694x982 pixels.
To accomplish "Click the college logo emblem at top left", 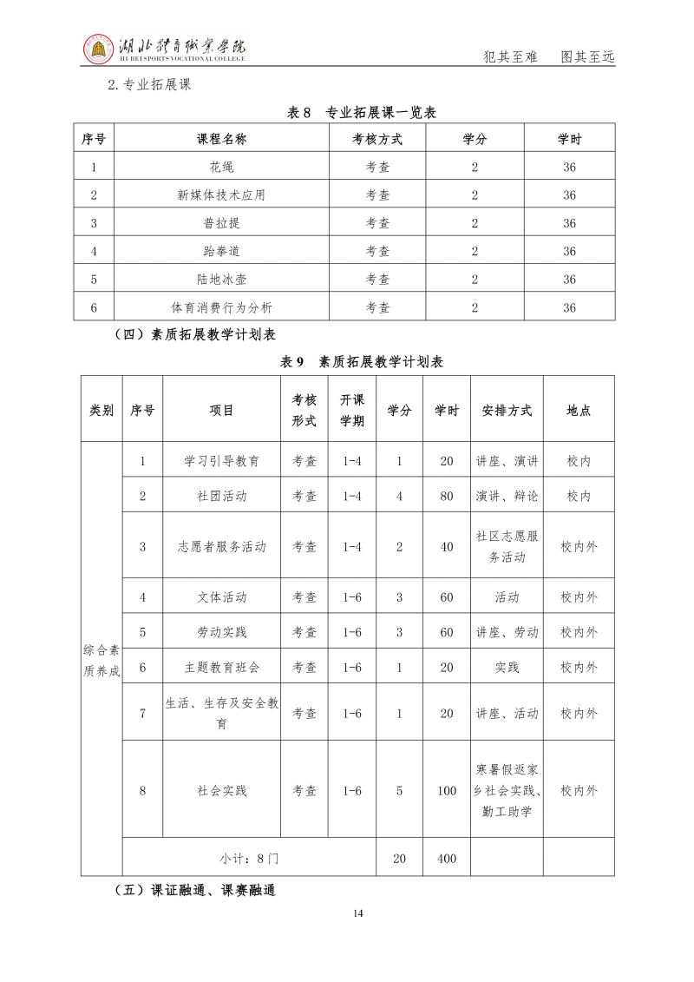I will coord(97,49).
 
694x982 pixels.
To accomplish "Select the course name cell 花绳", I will coord(221,168).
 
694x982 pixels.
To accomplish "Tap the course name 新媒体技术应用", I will coord(221,195).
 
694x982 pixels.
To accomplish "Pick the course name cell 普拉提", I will coord(221,223).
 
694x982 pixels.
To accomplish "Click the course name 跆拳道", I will coord(221,251).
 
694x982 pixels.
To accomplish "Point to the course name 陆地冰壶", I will coord(221,279).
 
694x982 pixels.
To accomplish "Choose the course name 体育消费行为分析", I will coord(221,307).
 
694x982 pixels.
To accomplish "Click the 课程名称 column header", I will coord(221,139).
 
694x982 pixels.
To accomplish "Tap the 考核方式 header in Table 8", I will coord(377,139).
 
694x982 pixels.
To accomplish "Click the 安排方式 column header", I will coord(507,411).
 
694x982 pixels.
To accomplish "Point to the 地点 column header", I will coord(579,411).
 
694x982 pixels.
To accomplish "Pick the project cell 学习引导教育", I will coord(221,461).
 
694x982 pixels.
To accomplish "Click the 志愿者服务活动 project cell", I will coord(221,546).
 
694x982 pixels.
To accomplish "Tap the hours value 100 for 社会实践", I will coord(447,791).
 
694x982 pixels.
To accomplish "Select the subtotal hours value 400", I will coord(447,859).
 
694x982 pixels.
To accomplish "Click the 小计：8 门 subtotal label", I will coord(248,859).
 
